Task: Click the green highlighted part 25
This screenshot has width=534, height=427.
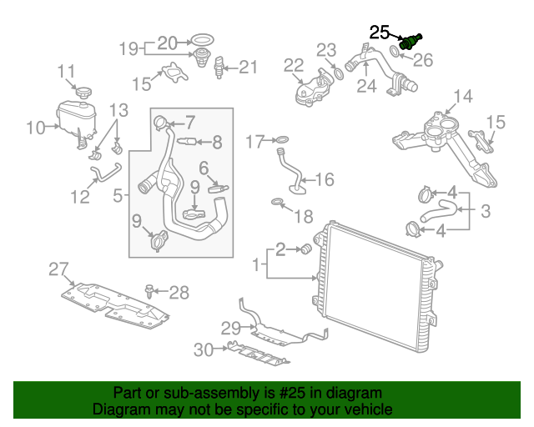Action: coord(411,42)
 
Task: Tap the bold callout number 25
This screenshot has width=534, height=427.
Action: coord(380,33)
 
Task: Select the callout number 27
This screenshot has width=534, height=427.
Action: coord(58,269)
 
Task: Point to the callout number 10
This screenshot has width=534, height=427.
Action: coord(35,128)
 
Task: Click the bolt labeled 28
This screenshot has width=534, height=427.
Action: coord(149,291)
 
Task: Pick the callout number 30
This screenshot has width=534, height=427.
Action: coord(204,351)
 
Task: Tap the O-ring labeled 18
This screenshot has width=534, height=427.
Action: coord(277,203)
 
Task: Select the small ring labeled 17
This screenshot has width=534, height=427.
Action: coord(282,140)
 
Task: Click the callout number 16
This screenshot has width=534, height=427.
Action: coord(324,179)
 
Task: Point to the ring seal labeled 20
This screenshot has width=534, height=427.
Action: coord(201,40)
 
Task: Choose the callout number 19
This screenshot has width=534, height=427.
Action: coord(128,49)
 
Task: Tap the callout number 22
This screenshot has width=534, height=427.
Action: coord(293,65)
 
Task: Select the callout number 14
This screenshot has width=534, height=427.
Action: coord(462,97)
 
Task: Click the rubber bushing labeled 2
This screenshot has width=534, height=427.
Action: coord(305,249)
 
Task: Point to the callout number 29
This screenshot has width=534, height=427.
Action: coord(230,326)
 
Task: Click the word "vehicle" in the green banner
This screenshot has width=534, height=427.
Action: coord(359,409)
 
